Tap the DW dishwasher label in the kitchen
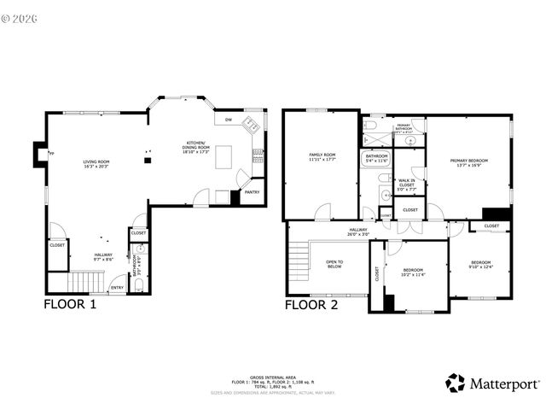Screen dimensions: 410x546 (229, 120)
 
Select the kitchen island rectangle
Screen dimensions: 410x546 (224, 157)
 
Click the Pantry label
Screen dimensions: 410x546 (252, 192)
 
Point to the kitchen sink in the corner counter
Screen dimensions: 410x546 (251, 126)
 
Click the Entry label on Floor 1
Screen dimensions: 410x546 (117, 287)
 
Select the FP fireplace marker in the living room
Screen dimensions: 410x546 (52, 154)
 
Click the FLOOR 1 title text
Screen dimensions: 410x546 (70, 303)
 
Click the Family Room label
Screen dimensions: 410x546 (322, 157)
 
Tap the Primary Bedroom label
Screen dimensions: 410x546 (469, 163)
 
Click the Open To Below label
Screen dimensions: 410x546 (334, 264)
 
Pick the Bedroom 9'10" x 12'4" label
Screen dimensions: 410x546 (481, 265)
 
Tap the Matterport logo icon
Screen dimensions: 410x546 (456, 383)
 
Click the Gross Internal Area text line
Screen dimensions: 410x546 (273, 377)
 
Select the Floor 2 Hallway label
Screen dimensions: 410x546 (358, 231)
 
